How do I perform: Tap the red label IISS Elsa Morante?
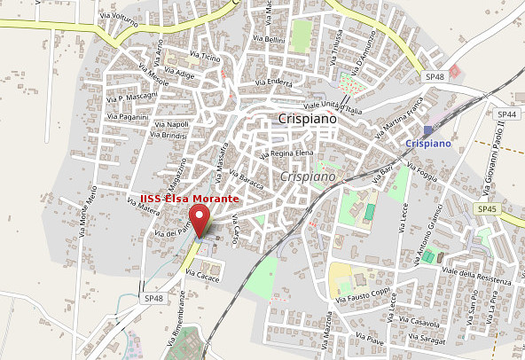tap(189, 199)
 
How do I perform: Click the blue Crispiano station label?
tap(428, 143)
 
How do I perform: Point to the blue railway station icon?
tap(429, 129)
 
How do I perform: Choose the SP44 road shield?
tap(507, 114)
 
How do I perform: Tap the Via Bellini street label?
tap(269, 39)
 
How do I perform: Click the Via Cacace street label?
tap(201, 278)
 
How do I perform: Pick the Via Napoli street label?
tap(172, 124)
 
